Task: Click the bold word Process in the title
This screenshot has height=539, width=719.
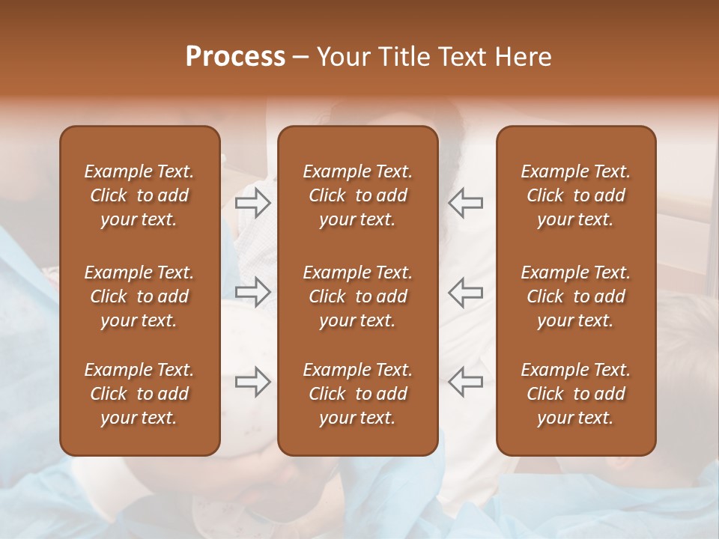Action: point(235,57)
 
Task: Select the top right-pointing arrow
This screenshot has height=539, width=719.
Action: point(253,203)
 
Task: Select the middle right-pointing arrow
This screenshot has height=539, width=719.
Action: point(253,293)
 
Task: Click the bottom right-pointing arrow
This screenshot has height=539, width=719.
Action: point(253,382)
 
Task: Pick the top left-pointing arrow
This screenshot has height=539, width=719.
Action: point(465,203)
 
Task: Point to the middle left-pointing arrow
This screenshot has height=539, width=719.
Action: point(465,293)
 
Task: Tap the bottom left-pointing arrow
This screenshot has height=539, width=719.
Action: point(465,382)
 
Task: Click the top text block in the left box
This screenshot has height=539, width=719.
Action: point(139,195)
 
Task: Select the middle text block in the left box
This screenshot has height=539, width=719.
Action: point(139,296)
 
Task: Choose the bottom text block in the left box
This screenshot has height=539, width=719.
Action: point(139,394)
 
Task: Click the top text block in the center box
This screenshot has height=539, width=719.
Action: point(357,195)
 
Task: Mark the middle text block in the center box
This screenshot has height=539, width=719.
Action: point(357,296)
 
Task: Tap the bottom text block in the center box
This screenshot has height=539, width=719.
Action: point(357,394)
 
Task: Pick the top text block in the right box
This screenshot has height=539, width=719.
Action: point(575,195)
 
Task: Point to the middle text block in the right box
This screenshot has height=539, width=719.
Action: point(575,296)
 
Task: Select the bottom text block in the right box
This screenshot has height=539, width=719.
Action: point(575,394)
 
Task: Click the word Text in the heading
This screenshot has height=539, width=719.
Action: point(462,57)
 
